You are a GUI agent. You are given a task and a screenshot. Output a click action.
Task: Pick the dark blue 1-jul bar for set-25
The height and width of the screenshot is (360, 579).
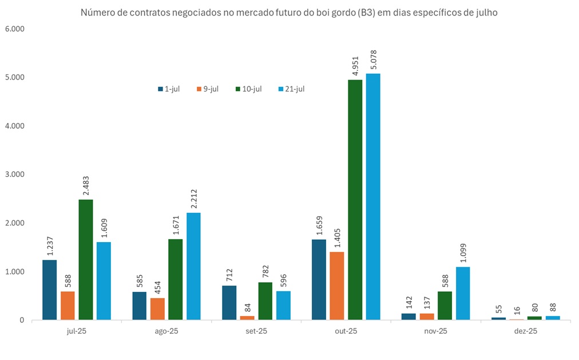point(229,302)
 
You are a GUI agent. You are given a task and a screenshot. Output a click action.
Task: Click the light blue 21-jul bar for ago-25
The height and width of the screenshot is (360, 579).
point(193,266)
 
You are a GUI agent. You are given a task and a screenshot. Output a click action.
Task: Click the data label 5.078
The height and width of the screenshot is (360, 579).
point(374,60)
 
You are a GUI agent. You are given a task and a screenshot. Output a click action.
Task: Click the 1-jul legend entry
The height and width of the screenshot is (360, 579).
point(169,89)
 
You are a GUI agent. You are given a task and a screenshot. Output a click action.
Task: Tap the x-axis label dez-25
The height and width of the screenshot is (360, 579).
point(525,331)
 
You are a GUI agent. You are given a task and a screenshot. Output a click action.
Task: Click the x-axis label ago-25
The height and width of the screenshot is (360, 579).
point(166,331)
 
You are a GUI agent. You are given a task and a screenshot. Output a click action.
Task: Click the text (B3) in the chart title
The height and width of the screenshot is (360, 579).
point(367,12)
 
